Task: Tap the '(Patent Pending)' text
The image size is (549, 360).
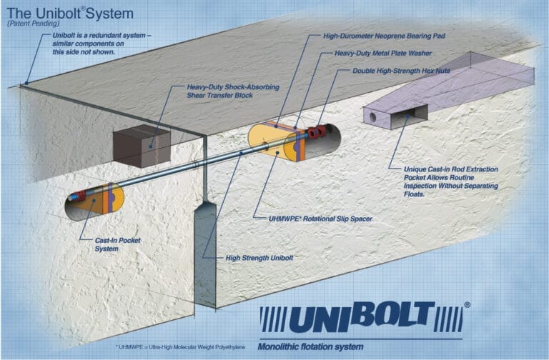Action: click(x=31, y=23)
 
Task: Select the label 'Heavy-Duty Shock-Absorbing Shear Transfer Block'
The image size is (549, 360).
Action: click(x=222, y=90)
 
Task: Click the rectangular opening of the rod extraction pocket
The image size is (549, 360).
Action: click(x=413, y=112)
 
